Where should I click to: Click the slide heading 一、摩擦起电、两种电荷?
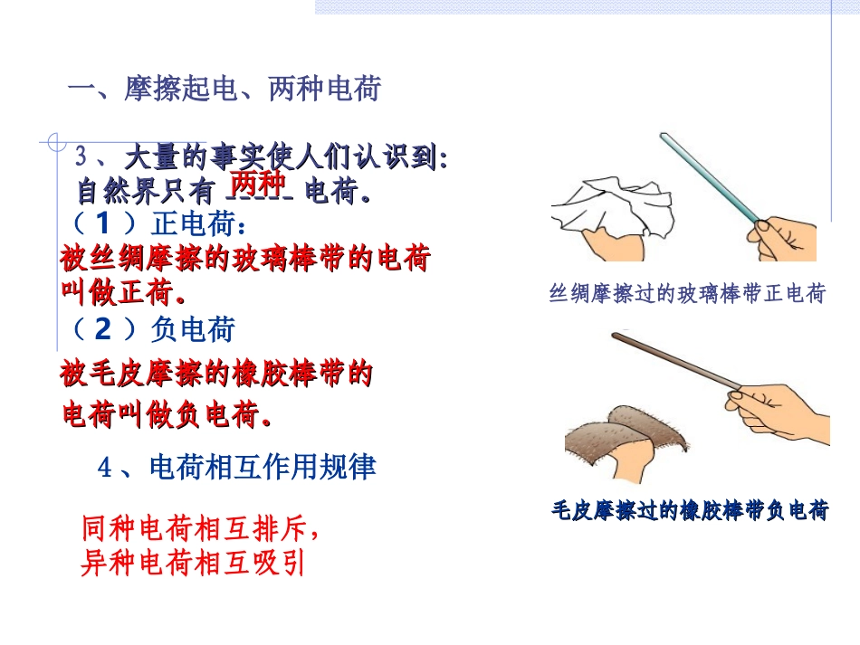tap(225, 90)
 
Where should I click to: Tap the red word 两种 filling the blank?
tap(256, 181)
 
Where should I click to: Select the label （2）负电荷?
tap(148, 330)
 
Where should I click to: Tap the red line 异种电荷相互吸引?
tap(193, 564)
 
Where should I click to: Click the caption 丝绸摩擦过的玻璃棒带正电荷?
tap(687, 294)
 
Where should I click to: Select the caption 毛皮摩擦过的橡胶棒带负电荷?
tap(690, 511)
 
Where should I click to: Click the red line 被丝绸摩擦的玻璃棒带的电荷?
tap(244, 260)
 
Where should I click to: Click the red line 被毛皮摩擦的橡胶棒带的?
tap(216, 374)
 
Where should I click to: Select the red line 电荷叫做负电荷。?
tap(167, 415)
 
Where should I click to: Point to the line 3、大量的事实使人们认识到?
tap(262, 157)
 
